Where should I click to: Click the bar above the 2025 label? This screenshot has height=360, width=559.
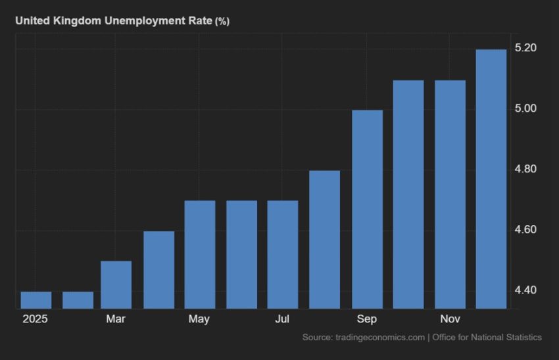tap(36, 299)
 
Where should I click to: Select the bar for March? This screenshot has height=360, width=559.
tap(116, 284)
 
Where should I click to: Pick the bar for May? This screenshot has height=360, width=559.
tap(199, 254)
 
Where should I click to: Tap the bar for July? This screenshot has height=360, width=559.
tap(282, 254)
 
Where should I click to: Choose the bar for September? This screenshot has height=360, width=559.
tap(367, 209)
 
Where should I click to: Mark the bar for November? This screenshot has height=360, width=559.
tap(450, 194)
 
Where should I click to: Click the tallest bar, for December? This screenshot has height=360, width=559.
tap(491, 178)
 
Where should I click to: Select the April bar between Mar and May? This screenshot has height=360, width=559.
tap(158, 269)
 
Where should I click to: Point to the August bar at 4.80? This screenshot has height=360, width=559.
tap(324, 239)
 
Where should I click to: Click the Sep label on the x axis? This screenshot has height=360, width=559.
tap(367, 319)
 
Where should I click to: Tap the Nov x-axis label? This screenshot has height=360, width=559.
tap(450, 319)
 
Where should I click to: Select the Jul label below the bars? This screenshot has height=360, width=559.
tap(282, 319)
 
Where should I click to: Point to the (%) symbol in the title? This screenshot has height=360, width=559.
tap(222, 22)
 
